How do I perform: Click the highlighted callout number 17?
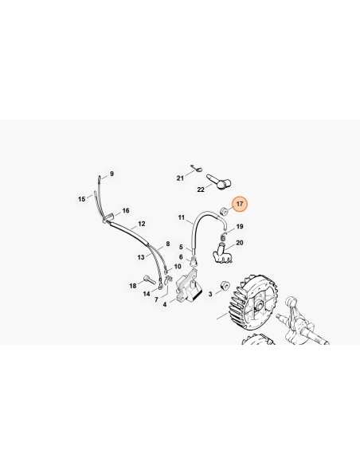240,204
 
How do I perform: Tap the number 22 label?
201,190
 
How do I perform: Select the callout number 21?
180,178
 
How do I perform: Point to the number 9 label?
112,174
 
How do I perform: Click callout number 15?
81,199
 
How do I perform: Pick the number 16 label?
126,210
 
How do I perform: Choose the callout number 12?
142,224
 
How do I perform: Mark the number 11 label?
181,217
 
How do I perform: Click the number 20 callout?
240,243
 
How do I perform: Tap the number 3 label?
210,294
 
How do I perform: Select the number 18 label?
133,286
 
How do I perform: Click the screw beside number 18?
150,279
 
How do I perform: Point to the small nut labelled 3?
224,286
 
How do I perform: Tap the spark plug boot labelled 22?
219,182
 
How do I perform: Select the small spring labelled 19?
224,237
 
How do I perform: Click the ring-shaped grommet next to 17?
223,211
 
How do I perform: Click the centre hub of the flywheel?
259,305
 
